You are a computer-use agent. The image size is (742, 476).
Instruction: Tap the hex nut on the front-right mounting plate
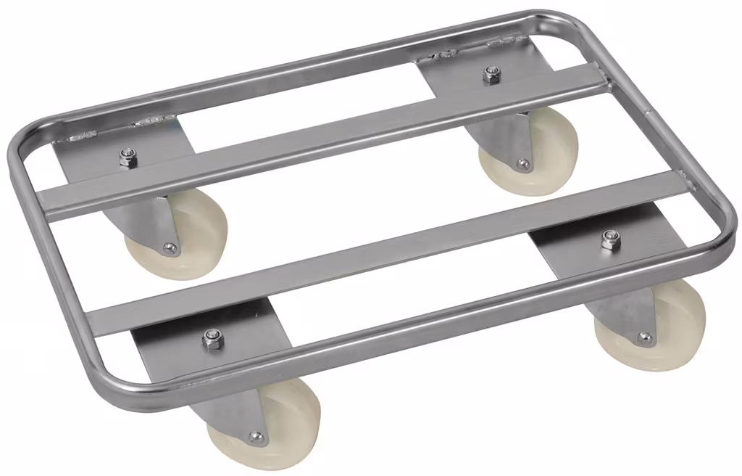[x=611, y=239]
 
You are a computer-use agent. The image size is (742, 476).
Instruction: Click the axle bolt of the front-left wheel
[x=255, y=437]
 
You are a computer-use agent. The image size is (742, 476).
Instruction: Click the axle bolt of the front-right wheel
[x=644, y=337]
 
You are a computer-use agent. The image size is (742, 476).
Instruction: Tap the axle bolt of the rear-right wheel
[x=522, y=164]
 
